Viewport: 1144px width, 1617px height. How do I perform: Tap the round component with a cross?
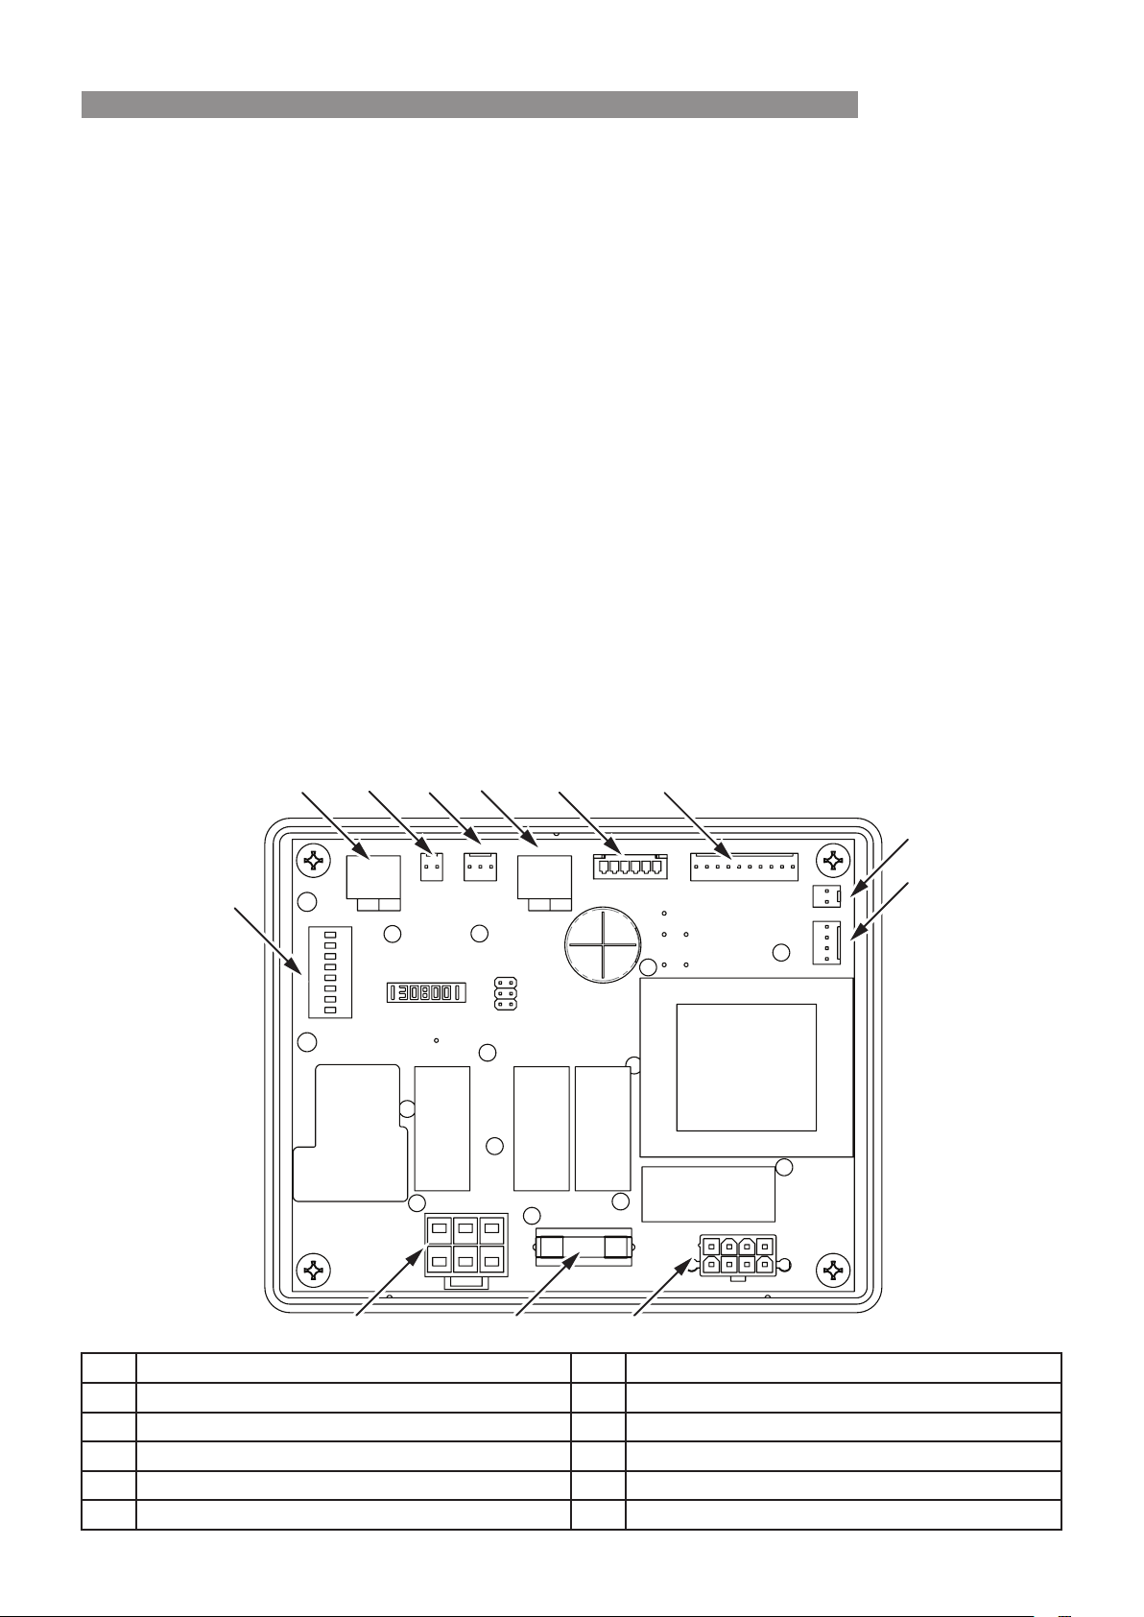coord(601,944)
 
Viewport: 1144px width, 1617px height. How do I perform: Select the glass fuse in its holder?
coord(584,1247)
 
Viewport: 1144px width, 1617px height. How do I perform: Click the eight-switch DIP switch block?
coord(330,972)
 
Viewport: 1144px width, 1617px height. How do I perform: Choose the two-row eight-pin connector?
coord(738,1255)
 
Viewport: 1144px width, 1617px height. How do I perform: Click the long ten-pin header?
coord(744,867)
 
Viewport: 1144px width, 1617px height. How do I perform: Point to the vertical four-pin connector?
coord(826,942)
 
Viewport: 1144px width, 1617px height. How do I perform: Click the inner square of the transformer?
coord(747,1068)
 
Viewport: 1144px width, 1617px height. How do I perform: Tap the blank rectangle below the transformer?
coord(708,1194)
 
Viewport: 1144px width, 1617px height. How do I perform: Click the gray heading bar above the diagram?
coord(469,104)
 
